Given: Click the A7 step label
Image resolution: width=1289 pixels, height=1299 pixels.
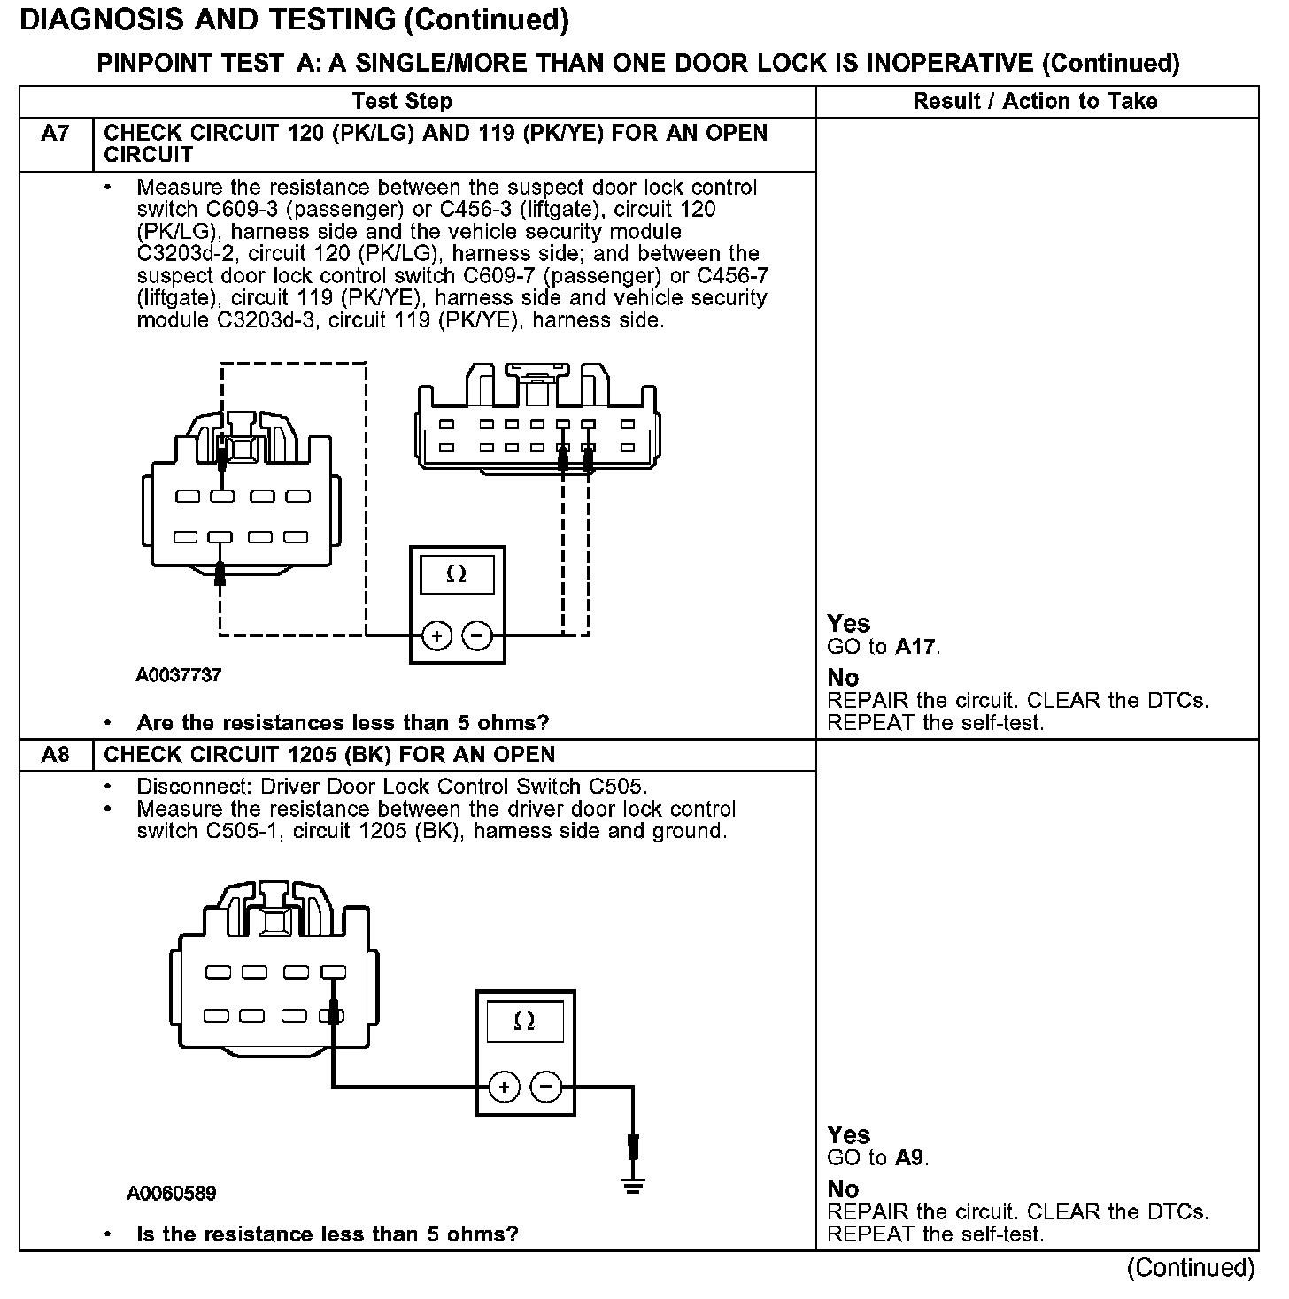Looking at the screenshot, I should (x=55, y=134).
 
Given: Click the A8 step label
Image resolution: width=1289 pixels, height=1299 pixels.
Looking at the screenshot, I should (x=55, y=755).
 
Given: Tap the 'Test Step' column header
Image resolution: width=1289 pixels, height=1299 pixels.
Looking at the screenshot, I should (x=402, y=101).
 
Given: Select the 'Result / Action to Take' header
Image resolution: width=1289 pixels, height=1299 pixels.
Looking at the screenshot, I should (x=1035, y=101).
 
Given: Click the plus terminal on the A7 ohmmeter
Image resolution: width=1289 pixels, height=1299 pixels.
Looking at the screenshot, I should (x=436, y=635).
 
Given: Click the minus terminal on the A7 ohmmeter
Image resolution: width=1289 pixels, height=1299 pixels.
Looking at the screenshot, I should (x=478, y=635).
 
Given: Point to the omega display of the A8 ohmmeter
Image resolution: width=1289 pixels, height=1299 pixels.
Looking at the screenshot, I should (x=525, y=1022).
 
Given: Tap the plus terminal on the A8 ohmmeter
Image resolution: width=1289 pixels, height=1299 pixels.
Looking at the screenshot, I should (x=504, y=1087).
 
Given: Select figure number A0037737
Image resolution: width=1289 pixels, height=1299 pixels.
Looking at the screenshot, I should (x=179, y=675).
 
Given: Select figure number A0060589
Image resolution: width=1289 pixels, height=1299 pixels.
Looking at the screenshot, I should (x=172, y=1194).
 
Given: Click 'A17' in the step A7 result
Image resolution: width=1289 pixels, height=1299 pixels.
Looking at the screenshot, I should (x=915, y=647).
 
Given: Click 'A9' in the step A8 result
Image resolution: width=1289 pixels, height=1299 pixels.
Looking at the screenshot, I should (x=911, y=1157).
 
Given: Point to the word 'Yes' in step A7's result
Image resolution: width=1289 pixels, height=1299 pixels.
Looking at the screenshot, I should (x=848, y=624).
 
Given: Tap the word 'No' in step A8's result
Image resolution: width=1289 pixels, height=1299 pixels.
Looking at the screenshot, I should (x=843, y=1188).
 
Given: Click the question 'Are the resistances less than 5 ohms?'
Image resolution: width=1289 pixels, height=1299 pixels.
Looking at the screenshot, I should (x=343, y=723).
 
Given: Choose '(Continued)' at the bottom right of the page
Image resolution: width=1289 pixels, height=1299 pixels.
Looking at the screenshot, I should (x=1191, y=1268).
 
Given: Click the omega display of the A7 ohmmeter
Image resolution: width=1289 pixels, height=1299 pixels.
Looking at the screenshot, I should (x=457, y=575).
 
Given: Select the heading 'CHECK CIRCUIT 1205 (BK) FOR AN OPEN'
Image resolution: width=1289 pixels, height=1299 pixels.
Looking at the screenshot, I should (x=330, y=755).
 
